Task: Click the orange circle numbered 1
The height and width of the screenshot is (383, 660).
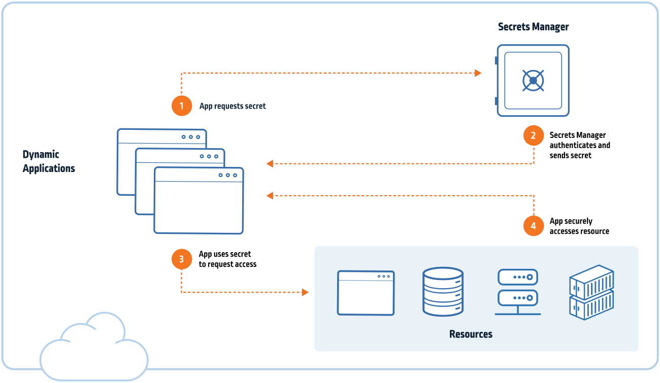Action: tap(182, 106)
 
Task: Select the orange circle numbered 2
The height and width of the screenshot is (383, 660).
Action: tap(533, 135)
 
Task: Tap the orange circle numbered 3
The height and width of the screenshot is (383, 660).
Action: tap(182, 259)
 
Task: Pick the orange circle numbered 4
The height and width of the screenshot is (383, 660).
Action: tap(533, 226)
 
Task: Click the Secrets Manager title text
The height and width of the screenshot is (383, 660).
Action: tap(533, 27)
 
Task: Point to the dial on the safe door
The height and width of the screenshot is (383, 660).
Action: tap(533, 80)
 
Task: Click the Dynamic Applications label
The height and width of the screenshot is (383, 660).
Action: tap(49, 161)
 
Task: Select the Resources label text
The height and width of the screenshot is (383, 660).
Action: tap(471, 334)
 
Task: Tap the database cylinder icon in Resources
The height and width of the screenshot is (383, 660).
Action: tap(443, 292)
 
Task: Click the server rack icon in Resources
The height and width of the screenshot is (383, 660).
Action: tap(518, 292)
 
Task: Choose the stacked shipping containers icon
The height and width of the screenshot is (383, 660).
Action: tap(591, 292)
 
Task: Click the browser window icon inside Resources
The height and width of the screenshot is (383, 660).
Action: tap(366, 293)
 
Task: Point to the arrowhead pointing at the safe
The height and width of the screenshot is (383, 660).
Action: tap(478, 73)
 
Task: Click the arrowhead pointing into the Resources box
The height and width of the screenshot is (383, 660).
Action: tap(305, 292)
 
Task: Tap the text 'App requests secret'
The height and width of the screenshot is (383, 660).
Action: tap(233, 106)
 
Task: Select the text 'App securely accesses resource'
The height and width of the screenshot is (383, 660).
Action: tap(579, 226)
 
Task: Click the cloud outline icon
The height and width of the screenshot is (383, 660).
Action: tap(94, 346)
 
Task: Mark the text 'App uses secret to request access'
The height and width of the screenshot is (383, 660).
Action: tap(227, 259)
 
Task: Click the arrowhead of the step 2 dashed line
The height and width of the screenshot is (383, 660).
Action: tap(270, 164)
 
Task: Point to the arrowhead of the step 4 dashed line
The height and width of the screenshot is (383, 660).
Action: tap(270, 195)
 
